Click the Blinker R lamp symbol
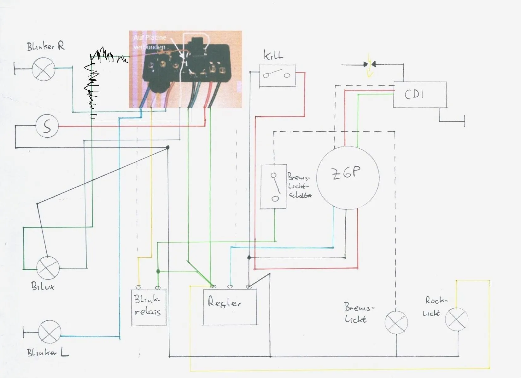point(44,69)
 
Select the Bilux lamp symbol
point(48,268)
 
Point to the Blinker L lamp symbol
point(49,332)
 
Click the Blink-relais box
point(148,307)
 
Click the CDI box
point(420,94)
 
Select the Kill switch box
point(278,76)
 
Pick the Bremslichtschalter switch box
point(273,186)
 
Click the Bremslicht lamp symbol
point(396,322)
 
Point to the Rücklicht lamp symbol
point(456,319)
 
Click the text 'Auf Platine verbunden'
point(149,42)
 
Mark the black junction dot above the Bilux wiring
point(168,147)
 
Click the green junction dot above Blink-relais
point(158,271)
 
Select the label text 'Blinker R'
point(46,47)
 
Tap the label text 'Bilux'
point(43,286)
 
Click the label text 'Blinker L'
point(48,353)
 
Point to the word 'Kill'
point(273,56)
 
